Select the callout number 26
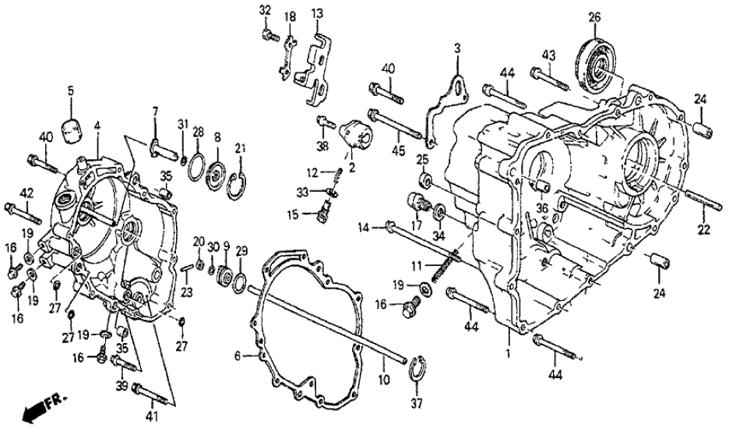click(594, 18)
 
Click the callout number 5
click(70, 91)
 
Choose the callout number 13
click(317, 13)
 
